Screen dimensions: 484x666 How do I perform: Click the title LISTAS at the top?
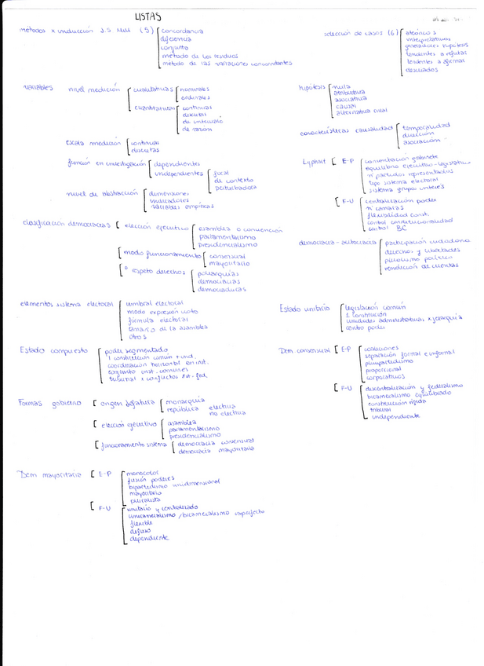(147, 16)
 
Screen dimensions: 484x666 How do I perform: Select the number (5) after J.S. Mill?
(144, 31)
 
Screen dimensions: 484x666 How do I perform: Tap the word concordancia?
(181, 31)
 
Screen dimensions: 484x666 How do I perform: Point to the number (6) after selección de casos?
(393, 33)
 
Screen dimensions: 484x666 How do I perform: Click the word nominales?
(195, 90)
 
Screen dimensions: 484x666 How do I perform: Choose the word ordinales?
(195, 97)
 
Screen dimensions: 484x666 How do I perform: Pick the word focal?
(221, 172)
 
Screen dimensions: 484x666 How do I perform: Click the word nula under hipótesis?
(341, 86)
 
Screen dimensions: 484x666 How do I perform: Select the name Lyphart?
(314, 161)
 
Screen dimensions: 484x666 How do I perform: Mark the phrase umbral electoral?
(155, 303)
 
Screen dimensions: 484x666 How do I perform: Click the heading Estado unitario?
(304, 309)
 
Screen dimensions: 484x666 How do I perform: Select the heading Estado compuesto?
(53, 350)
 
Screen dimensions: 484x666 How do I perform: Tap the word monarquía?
(184, 402)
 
